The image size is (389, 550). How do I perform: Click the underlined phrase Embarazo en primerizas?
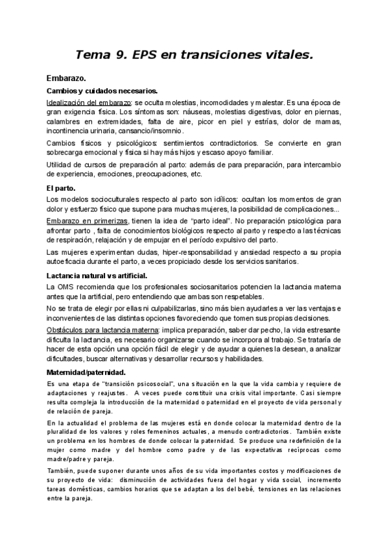[88, 221]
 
